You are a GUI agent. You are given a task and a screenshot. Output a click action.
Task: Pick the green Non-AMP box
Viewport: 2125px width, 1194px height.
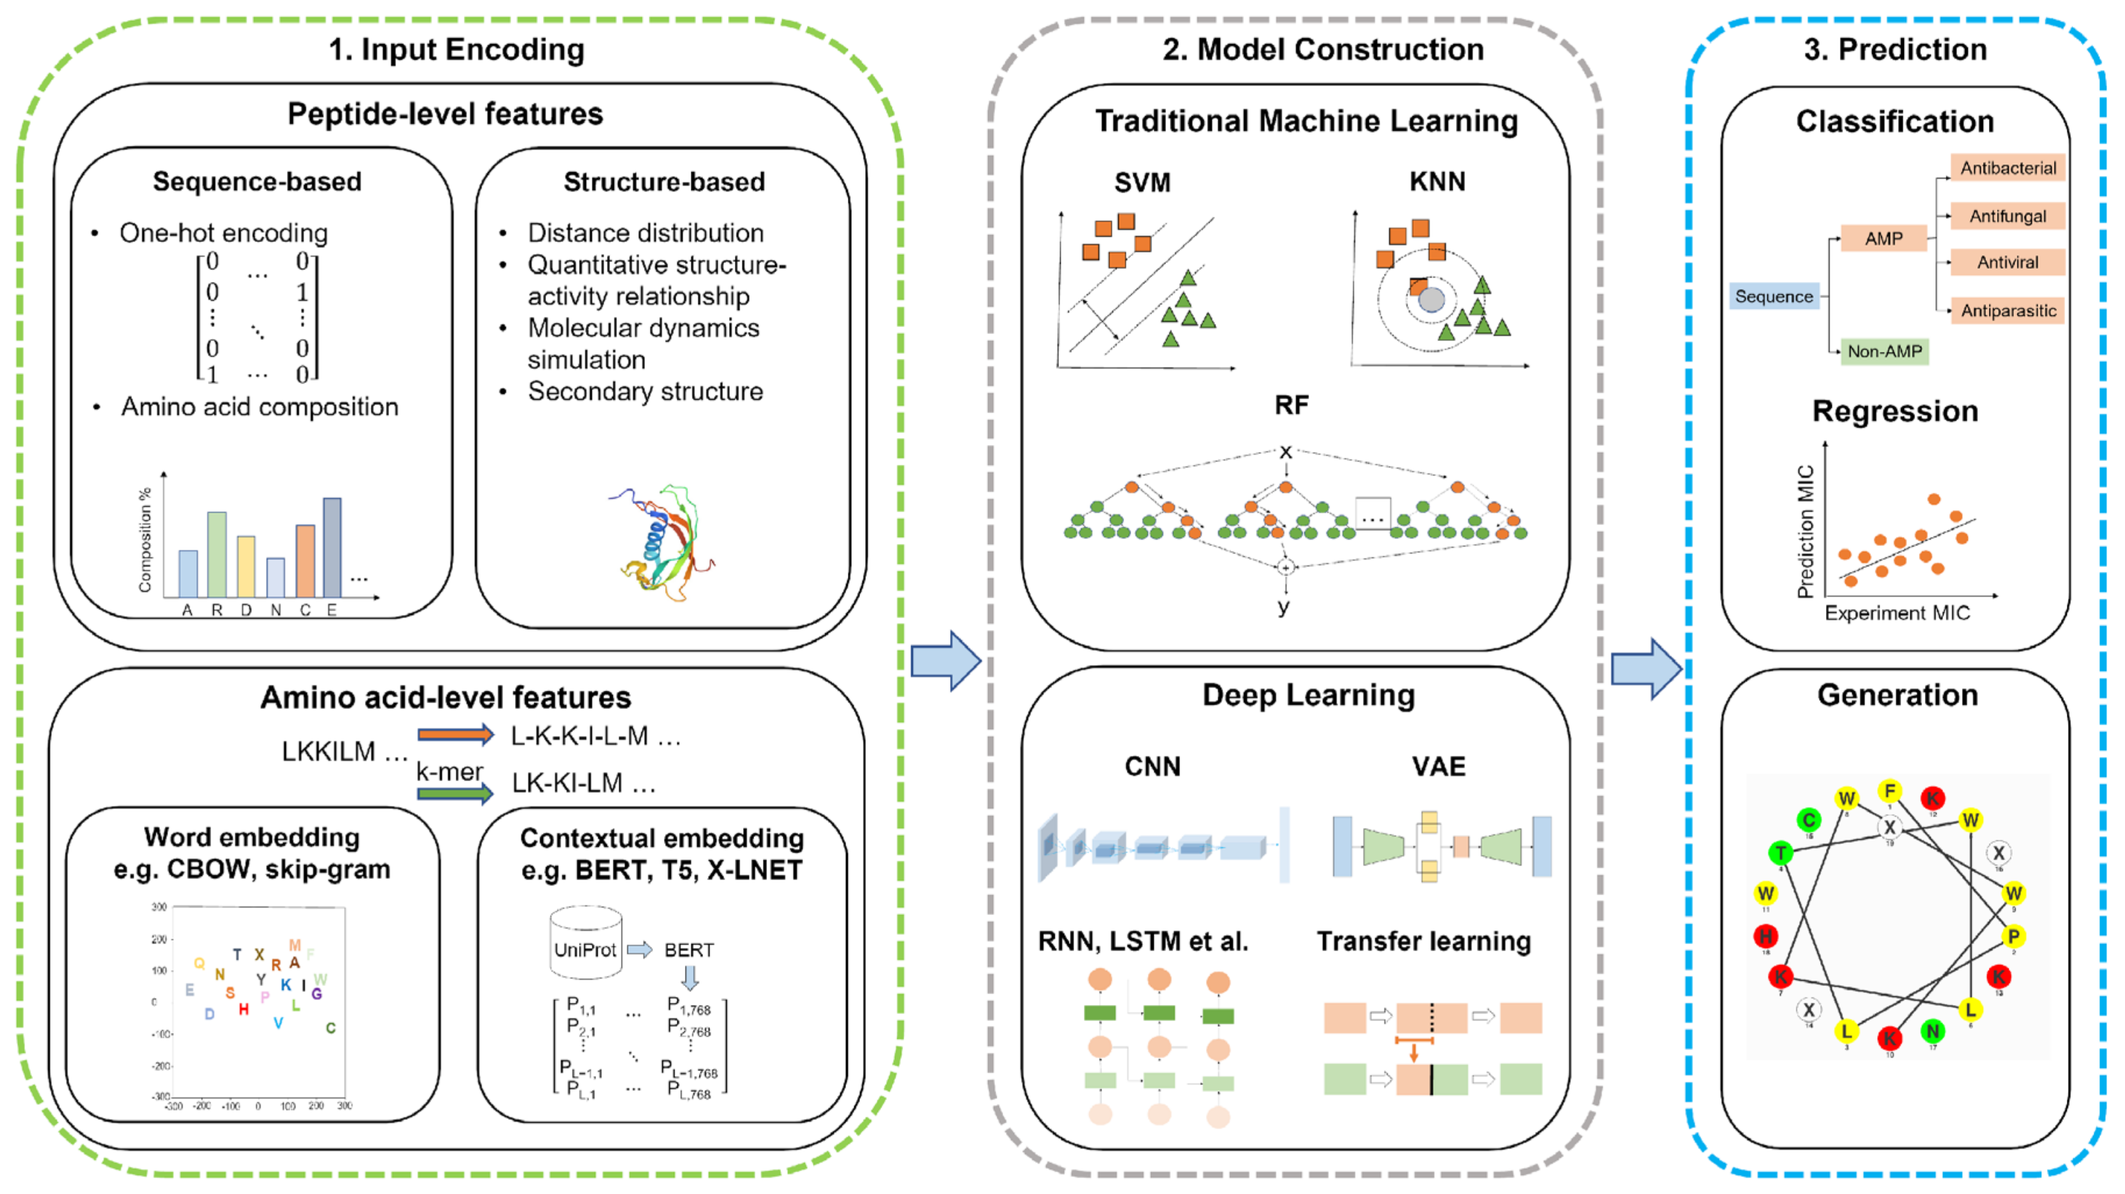pos(1884,352)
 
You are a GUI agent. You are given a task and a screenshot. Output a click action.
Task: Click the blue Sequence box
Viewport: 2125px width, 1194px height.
pos(1774,296)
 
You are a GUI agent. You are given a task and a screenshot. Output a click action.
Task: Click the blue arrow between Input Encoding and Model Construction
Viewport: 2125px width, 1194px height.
pos(946,660)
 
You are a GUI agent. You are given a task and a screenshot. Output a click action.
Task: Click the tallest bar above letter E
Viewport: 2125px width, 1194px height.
pos(332,547)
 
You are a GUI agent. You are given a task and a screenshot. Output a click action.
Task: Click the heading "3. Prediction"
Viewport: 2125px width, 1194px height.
pos(1895,49)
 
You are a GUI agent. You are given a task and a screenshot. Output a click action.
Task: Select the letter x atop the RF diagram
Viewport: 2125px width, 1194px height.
pos(1285,451)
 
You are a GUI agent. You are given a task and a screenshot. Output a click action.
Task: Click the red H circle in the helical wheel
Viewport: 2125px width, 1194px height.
pos(1765,936)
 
